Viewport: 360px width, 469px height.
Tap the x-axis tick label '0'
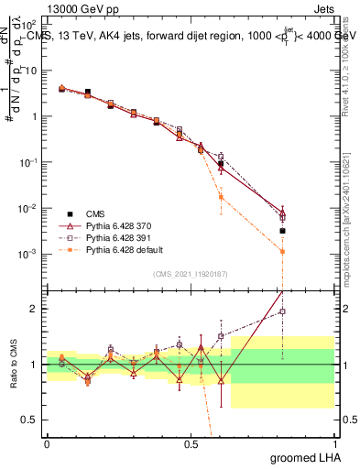(x=47, y=443)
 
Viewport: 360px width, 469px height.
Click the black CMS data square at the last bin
(x=283, y=231)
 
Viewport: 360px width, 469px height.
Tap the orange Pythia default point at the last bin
(x=283, y=251)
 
